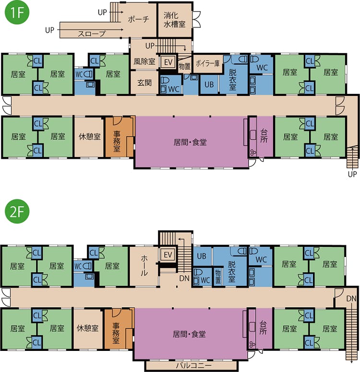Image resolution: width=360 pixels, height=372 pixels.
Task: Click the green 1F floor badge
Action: [17, 12]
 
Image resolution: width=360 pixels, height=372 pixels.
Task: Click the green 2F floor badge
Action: [17, 211]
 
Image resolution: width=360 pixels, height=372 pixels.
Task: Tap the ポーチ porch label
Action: [138, 19]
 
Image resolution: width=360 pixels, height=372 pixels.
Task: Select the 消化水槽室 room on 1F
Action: [175, 20]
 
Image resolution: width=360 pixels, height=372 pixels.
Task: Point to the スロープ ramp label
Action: [92, 34]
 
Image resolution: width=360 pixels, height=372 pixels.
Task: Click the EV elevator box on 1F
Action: [168, 62]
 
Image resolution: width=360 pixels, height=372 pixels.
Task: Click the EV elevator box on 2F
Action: [168, 255]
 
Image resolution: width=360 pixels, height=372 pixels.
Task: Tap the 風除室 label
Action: [144, 62]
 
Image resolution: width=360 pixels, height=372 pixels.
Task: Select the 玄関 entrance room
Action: [144, 82]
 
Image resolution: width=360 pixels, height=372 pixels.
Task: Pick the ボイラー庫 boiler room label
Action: [207, 63]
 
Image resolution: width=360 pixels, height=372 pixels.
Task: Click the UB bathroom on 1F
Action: [209, 84]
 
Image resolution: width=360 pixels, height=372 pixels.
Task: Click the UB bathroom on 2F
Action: [202, 256]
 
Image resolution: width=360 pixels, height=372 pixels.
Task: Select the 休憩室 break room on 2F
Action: [88, 328]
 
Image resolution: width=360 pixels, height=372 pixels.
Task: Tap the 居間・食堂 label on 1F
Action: [190, 142]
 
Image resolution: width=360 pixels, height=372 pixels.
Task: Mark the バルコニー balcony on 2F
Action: [192, 365]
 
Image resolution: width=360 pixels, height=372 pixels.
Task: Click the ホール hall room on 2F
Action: [144, 266]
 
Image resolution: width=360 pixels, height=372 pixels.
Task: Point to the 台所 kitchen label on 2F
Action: [263, 327]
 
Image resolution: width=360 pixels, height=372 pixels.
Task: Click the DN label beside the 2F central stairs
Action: [184, 278]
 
